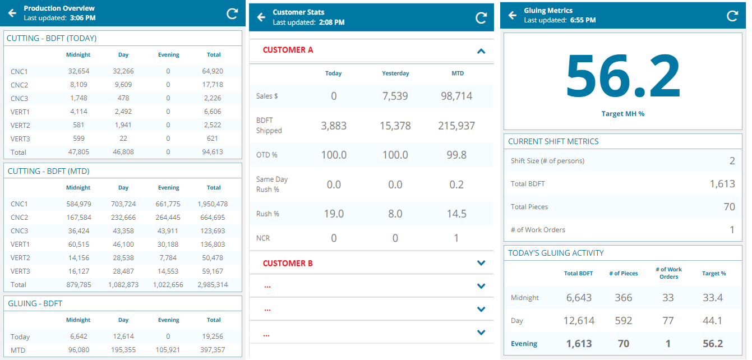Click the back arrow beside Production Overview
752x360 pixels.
click(x=12, y=13)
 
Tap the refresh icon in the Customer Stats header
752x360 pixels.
click(x=481, y=17)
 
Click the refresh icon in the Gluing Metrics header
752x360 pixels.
click(x=732, y=16)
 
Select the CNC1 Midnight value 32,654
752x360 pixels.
click(x=78, y=71)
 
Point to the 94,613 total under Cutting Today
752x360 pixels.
click(x=214, y=152)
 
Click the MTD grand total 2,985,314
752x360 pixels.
click(x=214, y=285)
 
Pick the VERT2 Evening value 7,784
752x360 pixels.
click(x=168, y=258)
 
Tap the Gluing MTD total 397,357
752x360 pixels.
click(x=214, y=350)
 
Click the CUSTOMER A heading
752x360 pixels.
click(x=288, y=50)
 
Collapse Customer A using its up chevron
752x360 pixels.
click(x=481, y=51)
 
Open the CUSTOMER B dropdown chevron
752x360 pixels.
click(x=481, y=263)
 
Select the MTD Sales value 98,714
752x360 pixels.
click(x=456, y=96)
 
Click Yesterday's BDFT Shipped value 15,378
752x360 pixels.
click(x=395, y=126)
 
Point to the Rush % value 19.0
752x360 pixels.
click(x=334, y=214)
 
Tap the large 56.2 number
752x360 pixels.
click(x=623, y=76)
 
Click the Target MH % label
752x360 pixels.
click(x=623, y=114)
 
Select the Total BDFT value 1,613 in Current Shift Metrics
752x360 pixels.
click(x=722, y=184)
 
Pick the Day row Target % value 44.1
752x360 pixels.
click(x=713, y=321)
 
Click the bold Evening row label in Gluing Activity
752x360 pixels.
click(x=524, y=344)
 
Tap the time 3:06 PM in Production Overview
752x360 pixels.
click(x=82, y=18)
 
